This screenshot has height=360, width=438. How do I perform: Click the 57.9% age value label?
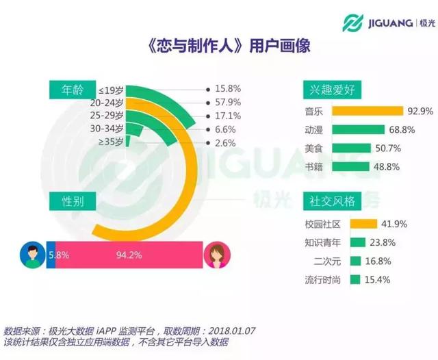point(227,102)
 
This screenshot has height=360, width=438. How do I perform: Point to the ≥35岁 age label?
point(111,142)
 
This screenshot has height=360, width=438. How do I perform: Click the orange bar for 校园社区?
point(363,223)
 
